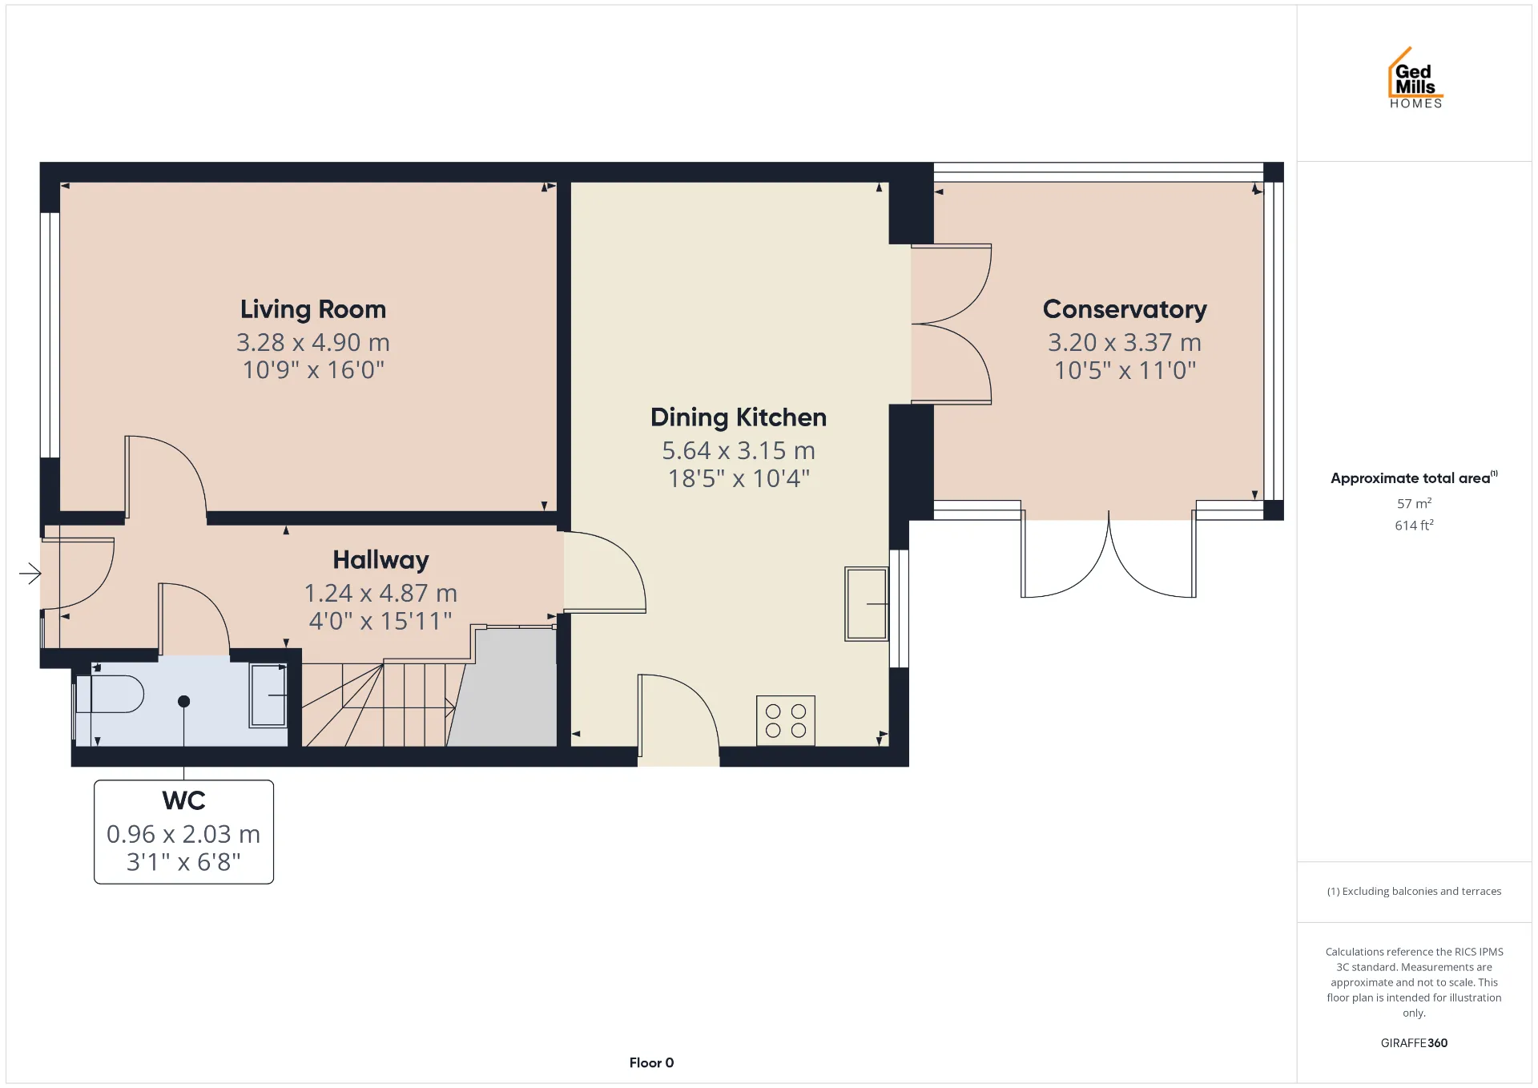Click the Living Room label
tap(313, 309)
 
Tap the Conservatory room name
tap(1125, 309)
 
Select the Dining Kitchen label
tap(739, 417)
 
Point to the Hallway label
tap(380, 560)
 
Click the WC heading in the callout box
tap(183, 800)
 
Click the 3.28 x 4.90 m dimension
tap(313, 343)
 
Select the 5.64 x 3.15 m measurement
tap(739, 451)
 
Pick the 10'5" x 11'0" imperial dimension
tap(1125, 370)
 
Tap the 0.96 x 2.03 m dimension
tap(183, 834)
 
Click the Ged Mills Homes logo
tap(1415, 78)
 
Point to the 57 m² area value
tap(1414, 503)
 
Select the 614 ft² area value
tap(1414, 525)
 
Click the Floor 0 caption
tap(651, 1062)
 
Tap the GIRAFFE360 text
tap(1414, 1042)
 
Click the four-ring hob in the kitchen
tap(786, 720)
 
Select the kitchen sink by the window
tap(867, 604)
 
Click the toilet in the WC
tap(109, 694)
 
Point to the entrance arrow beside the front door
tap(30, 573)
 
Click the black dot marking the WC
tap(183, 701)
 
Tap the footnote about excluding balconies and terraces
tap(1414, 891)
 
